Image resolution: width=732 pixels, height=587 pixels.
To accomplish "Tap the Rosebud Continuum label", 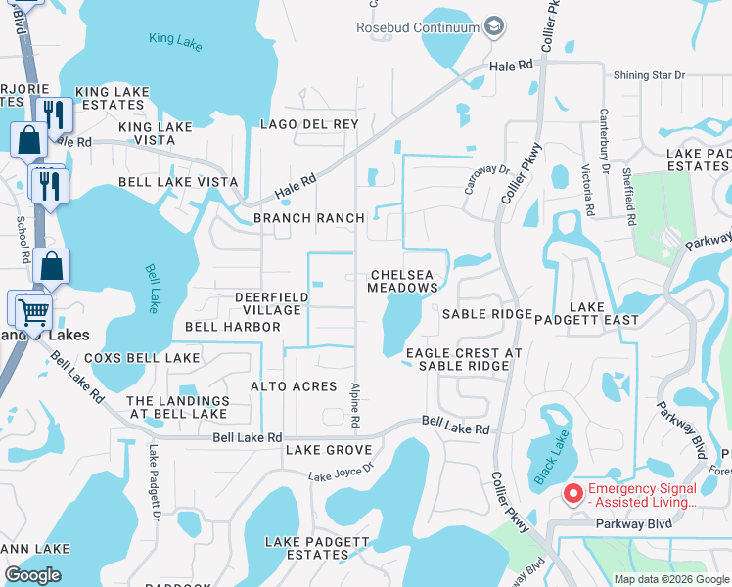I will [x=426, y=26].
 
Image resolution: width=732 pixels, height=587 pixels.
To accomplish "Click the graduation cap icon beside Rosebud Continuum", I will [x=494, y=26].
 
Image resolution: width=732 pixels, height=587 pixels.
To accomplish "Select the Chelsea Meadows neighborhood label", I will [x=402, y=281].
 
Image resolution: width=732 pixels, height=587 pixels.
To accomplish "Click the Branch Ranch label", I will [x=308, y=218].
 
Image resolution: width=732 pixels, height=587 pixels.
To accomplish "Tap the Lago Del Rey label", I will [x=308, y=124].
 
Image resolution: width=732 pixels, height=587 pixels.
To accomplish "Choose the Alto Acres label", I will [x=294, y=387].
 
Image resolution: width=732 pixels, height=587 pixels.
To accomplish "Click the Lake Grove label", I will [x=328, y=450].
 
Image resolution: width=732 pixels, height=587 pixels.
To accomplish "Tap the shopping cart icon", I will [x=31, y=313].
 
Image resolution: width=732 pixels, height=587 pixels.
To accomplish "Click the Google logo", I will [x=32, y=575].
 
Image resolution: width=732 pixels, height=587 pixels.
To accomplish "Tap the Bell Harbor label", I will [x=232, y=326].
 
